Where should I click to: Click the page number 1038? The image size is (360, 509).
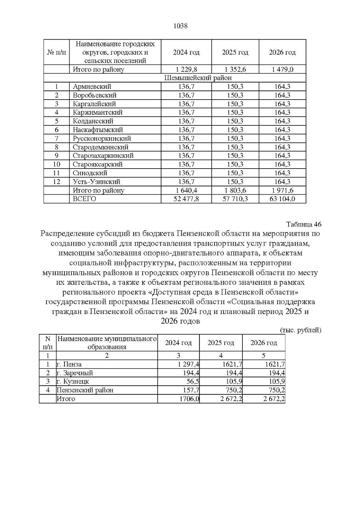[181, 26]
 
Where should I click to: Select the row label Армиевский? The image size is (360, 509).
[92, 87]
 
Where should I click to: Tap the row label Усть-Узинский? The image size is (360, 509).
[96, 182]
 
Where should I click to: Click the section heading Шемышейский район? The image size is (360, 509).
[198, 78]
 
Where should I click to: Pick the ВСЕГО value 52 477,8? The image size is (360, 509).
[186, 199]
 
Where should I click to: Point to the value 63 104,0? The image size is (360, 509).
[282, 199]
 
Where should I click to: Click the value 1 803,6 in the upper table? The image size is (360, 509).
[235, 190]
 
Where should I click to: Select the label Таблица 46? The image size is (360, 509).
[304, 224]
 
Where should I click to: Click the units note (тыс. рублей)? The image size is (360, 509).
[300, 330]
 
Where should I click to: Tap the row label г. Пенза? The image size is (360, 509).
[69, 364]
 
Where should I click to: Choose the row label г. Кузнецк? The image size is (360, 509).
[73, 382]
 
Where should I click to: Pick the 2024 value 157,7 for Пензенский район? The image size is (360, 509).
[191, 390]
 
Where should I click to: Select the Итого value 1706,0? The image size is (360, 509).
[189, 399]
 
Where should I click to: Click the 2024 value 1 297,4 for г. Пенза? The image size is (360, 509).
[188, 364]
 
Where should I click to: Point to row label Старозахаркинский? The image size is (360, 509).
[103, 156]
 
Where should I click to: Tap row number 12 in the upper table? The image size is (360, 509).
[56, 182]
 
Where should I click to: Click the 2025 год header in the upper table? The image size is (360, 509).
[235, 52]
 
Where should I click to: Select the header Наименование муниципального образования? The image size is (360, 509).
[107, 343]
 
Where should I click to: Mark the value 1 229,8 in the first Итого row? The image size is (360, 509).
[186, 70]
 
